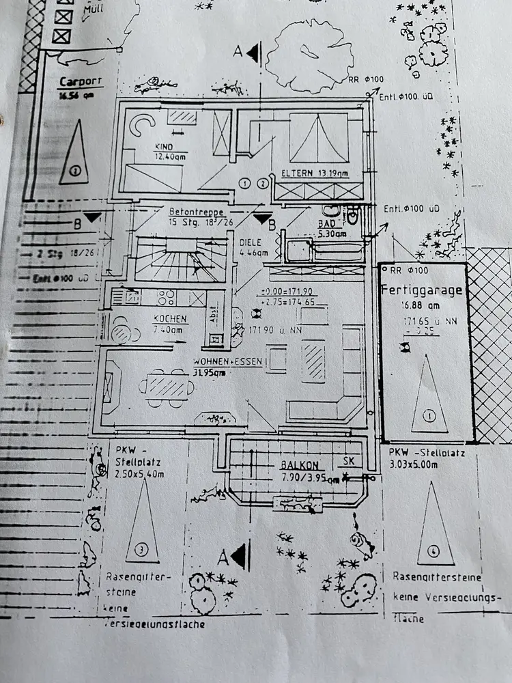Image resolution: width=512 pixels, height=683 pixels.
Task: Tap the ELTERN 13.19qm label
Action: [315, 174]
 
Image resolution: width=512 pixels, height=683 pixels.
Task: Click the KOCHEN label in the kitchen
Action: [170, 319]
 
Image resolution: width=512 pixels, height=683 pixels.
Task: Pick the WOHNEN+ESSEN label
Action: [227, 361]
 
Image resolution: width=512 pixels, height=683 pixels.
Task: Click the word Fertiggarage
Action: [422, 290]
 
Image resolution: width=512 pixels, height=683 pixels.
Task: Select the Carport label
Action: [81, 81]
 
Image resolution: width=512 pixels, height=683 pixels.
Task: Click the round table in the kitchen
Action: [124, 333]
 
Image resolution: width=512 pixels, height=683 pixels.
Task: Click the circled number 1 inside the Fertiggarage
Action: [429, 415]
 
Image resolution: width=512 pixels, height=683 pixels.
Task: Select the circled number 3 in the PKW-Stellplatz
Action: [141, 548]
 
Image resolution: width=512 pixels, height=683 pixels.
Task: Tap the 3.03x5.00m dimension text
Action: [423, 464]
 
